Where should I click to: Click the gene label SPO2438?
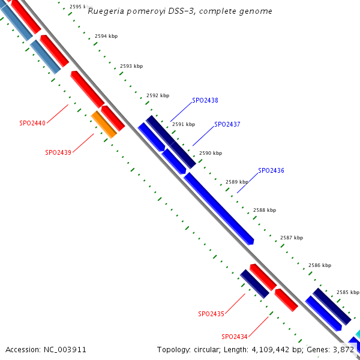point(205,100)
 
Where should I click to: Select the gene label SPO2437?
point(227,124)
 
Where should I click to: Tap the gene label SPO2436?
point(271,170)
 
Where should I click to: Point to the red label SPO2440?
point(32,123)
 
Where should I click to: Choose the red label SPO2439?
point(58,152)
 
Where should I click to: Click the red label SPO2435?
point(211,314)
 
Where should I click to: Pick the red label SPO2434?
point(235,337)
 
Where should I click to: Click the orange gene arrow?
point(104,124)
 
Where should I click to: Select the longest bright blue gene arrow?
point(219,208)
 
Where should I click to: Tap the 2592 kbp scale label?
point(158,95)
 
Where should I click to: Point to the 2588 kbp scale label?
point(265,210)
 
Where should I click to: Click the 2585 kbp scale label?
point(347,292)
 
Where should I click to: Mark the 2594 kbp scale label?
point(106,36)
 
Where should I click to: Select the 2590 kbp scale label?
point(211,153)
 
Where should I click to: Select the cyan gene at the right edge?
point(358,334)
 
